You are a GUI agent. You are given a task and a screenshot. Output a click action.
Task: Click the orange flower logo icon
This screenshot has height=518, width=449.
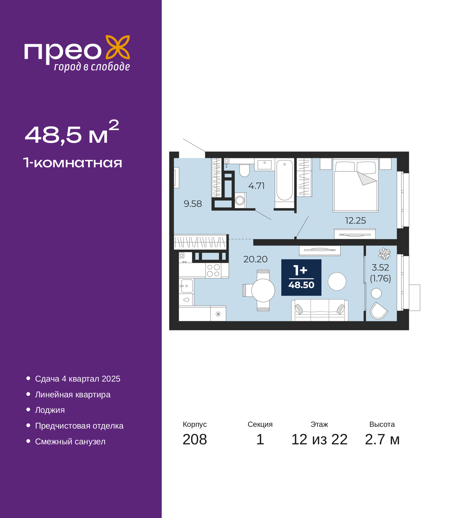tap(118, 47)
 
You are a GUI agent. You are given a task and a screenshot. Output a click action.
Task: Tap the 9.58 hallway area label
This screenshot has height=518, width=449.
tap(193, 204)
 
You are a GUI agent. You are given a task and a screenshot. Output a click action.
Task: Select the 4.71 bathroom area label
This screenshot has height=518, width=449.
tap(256, 186)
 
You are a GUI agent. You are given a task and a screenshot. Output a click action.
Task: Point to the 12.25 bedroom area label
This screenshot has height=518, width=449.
tap(355, 221)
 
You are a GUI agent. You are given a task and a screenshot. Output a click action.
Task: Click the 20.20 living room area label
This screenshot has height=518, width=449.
tap(255, 259)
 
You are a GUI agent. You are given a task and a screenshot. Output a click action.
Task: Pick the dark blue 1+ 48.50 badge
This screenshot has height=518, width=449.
tap(301, 277)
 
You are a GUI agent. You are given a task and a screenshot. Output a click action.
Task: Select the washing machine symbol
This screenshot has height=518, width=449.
tap(240, 200)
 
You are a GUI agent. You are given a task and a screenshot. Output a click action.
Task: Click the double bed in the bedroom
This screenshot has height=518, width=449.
tap(355, 185)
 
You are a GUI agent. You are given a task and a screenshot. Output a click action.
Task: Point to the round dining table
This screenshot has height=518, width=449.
tap(263, 290)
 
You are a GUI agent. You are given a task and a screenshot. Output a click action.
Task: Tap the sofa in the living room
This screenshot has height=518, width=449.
tap(320, 310)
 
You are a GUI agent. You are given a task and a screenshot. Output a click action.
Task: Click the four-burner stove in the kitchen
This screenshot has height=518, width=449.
tap(213, 270)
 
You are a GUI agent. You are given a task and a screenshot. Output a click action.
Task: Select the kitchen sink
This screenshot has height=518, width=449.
tap(186, 286)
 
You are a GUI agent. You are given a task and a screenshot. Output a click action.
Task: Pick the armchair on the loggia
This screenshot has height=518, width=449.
tap(379, 311)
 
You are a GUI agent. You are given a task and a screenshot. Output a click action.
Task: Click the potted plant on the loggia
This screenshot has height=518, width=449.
tap(384, 254)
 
